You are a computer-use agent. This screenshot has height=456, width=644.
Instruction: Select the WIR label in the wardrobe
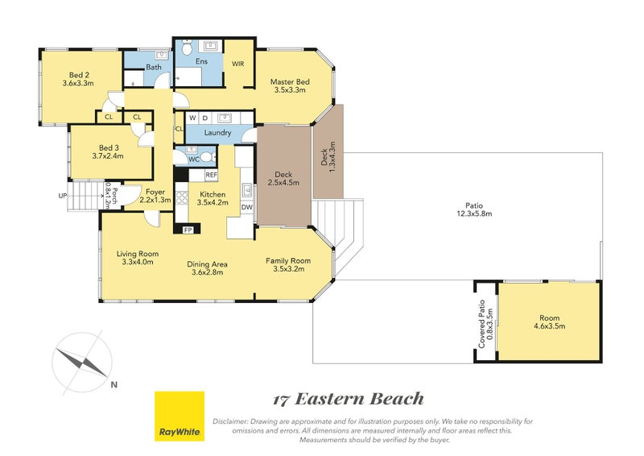238,63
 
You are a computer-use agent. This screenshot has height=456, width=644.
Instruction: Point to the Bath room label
154,68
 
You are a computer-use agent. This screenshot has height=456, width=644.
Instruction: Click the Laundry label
217,132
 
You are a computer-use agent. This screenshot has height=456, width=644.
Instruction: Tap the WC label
193,159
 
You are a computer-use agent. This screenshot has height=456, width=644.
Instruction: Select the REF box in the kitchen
211,174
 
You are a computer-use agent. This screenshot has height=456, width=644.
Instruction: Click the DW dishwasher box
246,207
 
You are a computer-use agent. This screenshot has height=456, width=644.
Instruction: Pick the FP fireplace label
188,230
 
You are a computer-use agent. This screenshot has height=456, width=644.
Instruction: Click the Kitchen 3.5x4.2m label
213,198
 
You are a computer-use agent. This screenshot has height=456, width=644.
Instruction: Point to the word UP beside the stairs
62,196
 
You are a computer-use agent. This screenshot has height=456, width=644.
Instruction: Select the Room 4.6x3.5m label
549,321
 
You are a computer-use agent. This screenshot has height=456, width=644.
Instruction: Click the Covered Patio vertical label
485,321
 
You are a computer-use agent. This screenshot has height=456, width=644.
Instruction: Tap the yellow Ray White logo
180,416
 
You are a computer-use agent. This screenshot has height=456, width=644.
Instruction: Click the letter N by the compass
114,384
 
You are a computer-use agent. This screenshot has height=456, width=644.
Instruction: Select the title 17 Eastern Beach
348,399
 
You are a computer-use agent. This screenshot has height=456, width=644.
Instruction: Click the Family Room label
288,264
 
